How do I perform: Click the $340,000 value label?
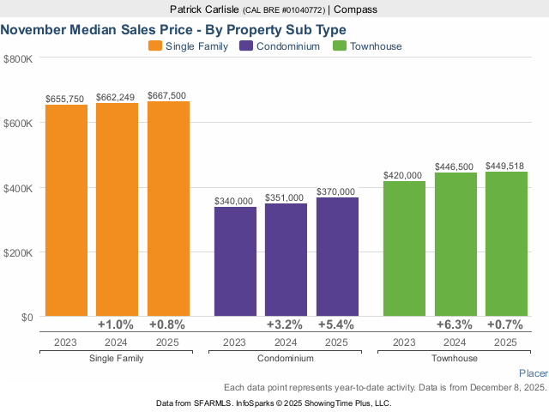[x=234, y=201]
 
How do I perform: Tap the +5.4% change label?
[x=336, y=325]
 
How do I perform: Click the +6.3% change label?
[x=455, y=325]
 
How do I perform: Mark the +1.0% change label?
[x=117, y=325]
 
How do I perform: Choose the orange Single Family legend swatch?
[x=154, y=46]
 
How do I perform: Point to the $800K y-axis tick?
[x=19, y=58]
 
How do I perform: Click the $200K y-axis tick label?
[x=19, y=253]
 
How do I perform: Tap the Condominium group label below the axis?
[x=286, y=357]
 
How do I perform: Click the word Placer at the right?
[x=533, y=373]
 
